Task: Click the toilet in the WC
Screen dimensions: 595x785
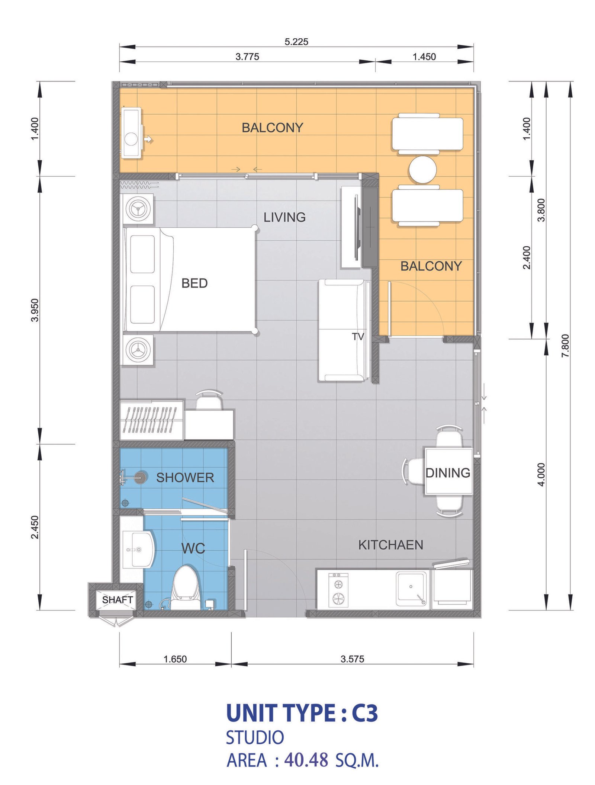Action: pos(186,587)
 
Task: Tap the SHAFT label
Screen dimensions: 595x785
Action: pos(118,600)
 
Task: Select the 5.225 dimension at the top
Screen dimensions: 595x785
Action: pos(296,42)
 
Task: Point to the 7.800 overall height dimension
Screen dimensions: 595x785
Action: pos(565,346)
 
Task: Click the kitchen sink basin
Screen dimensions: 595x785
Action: pos(411,589)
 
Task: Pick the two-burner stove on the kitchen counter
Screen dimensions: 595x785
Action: pos(338,590)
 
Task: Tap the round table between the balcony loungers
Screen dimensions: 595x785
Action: pos(422,170)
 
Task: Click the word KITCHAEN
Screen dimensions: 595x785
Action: pos(390,545)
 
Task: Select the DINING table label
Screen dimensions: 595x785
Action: pos(448,473)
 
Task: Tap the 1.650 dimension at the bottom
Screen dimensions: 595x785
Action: pos(175,659)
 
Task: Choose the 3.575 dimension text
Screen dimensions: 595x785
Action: pos(352,659)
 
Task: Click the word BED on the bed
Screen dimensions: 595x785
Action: pos(194,283)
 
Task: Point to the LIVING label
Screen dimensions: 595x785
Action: pos(284,217)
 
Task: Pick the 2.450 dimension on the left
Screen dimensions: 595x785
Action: pos(35,527)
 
